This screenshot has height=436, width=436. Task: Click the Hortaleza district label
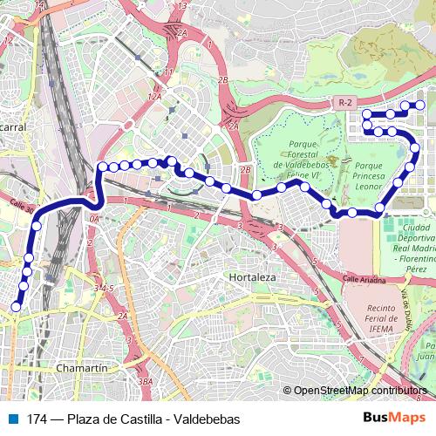point(251,276)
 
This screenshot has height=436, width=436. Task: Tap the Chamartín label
point(80,369)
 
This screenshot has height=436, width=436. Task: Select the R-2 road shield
point(346,103)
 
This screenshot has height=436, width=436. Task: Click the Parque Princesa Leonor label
point(369,172)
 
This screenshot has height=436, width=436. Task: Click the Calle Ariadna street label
point(364,279)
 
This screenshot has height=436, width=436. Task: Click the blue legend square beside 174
point(13,419)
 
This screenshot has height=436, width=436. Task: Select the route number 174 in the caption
point(37,419)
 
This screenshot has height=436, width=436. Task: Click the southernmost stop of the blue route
point(16,306)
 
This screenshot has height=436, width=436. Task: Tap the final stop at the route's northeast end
point(420,106)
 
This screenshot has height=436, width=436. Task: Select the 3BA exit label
point(146,381)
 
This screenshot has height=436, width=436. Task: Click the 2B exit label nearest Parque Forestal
point(246,169)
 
